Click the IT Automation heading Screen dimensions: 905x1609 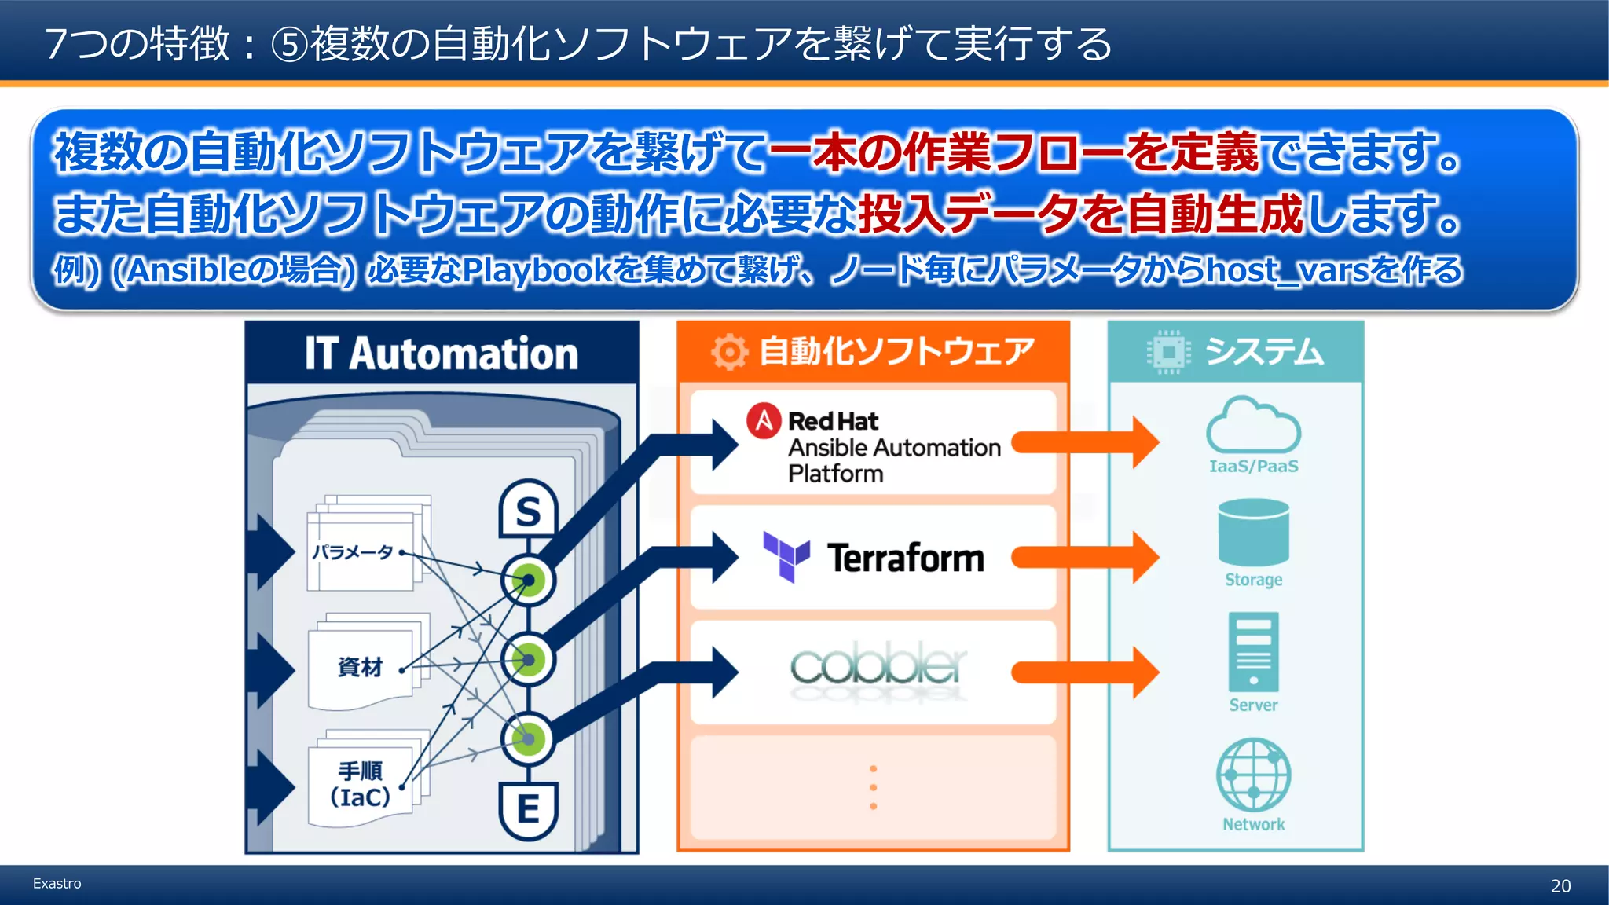[x=442, y=354]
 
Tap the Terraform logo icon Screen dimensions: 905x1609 [x=786, y=556]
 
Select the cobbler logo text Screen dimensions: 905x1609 [x=878, y=667]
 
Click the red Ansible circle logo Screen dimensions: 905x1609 [x=764, y=421]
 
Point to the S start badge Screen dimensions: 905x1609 [x=528, y=511]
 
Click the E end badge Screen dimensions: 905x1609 [x=528, y=809]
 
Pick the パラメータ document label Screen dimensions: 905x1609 [x=352, y=552]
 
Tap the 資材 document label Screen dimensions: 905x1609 [x=360, y=667]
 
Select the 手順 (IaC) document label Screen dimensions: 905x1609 [x=360, y=784]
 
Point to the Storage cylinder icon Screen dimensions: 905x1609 [x=1253, y=533]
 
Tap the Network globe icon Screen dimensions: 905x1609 [x=1253, y=775]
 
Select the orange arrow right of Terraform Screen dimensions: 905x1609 [x=1084, y=557]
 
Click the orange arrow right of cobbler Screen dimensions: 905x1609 [x=1084, y=672]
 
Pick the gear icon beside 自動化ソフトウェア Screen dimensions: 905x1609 [x=729, y=352]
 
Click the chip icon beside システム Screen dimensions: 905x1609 [x=1168, y=352]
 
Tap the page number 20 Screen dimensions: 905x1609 [x=1560, y=886]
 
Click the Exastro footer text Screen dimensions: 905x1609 [x=57, y=884]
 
